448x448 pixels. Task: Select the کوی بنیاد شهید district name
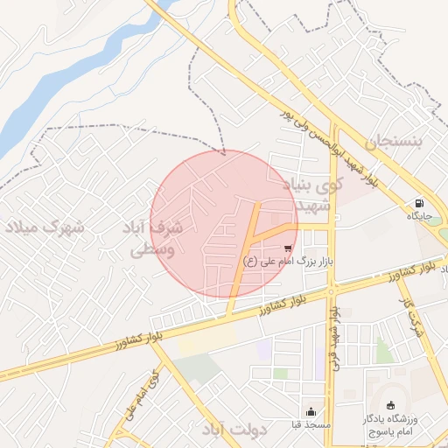[x=311, y=194]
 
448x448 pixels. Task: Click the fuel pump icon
[x=420, y=202]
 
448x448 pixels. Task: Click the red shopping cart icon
[x=289, y=248]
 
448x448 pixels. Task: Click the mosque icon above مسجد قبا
[x=311, y=411]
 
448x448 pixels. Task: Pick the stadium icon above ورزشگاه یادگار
[x=389, y=406]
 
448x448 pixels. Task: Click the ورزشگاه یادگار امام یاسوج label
[x=390, y=425]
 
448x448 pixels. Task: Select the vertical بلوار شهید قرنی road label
[x=332, y=337]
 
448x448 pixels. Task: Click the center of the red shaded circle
[x=224, y=224]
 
